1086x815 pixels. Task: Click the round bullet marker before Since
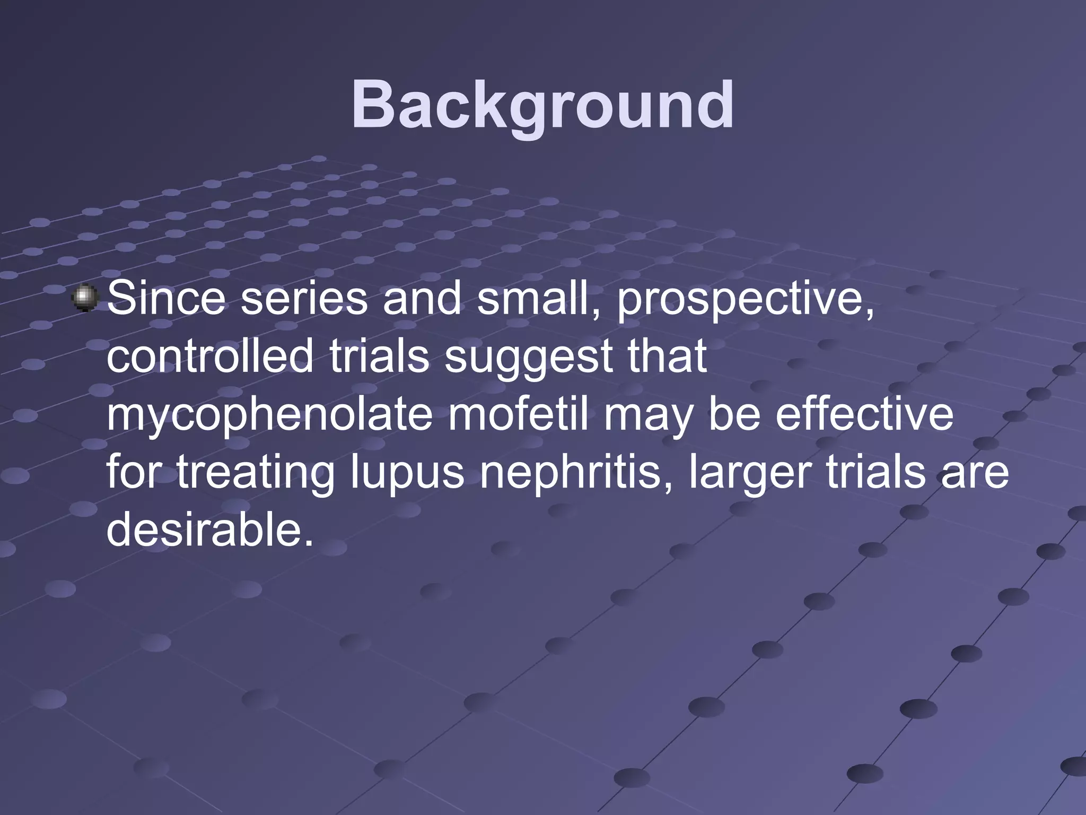point(85,298)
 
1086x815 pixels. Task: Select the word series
point(304,298)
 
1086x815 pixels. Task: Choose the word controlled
point(210,356)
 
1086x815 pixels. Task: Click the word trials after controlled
point(379,356)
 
